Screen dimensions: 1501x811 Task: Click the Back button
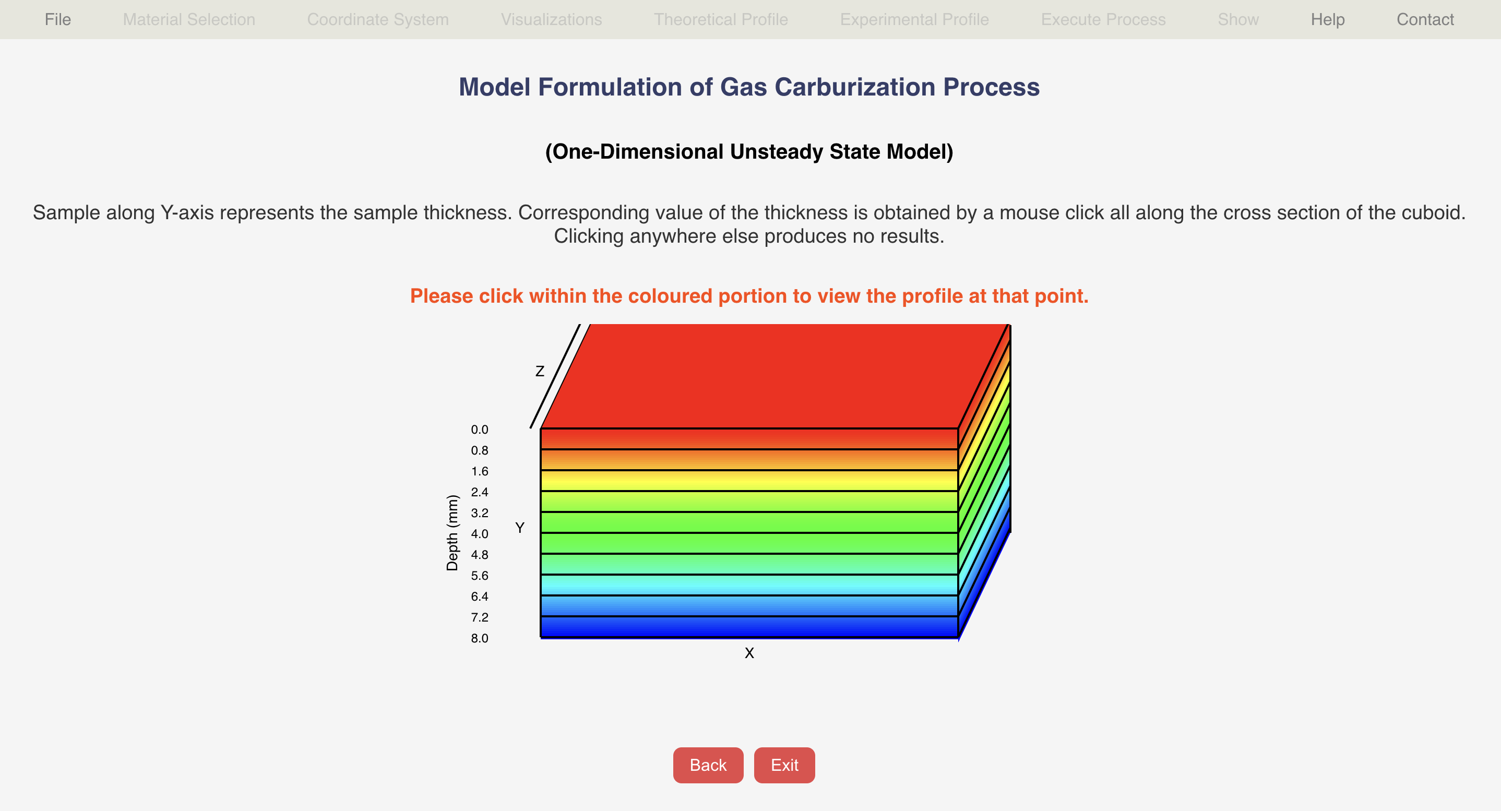coord(708,765)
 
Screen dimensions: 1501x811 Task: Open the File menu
coord(58,19)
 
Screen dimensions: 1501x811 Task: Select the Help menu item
coord(1327,19)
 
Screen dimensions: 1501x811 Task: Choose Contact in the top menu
coord(1425,19)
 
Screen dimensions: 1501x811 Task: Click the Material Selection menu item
coord(189,19)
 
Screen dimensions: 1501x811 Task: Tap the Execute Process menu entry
coord(1103,19)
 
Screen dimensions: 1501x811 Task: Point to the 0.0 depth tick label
coord(480,430)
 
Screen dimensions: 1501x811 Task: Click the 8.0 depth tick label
coord(480,638)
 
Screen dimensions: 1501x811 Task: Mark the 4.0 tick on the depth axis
coord(480,534)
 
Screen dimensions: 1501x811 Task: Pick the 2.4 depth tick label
coord(480,492)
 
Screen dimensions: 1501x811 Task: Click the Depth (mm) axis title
coord(452,532)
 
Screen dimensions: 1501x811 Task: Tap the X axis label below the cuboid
coord(749,653)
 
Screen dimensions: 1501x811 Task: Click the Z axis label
coord(540,371)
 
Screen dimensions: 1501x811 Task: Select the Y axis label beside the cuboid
coord(520,528)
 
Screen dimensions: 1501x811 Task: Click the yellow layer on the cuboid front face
coord(749,481)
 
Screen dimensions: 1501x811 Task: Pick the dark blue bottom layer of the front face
coord(749,627)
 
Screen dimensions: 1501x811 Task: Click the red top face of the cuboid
coord(775,376)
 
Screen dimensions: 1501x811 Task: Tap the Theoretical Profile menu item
coord(721,19)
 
